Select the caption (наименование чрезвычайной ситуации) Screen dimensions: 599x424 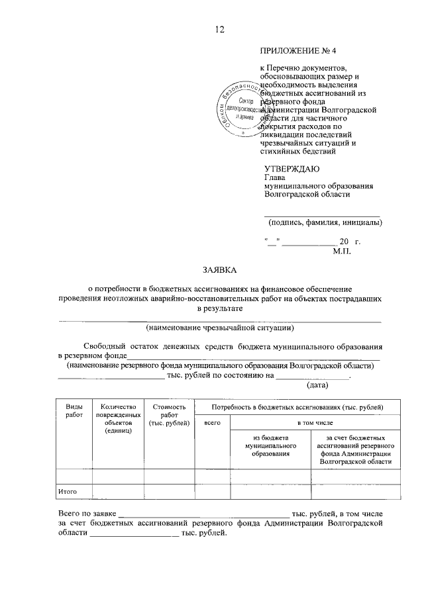[x=220, y=328]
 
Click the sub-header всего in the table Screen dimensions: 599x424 [x=212, y=422]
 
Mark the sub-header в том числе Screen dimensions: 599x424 [x=315, y=422]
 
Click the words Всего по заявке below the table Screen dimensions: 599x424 [x=87, y=514]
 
